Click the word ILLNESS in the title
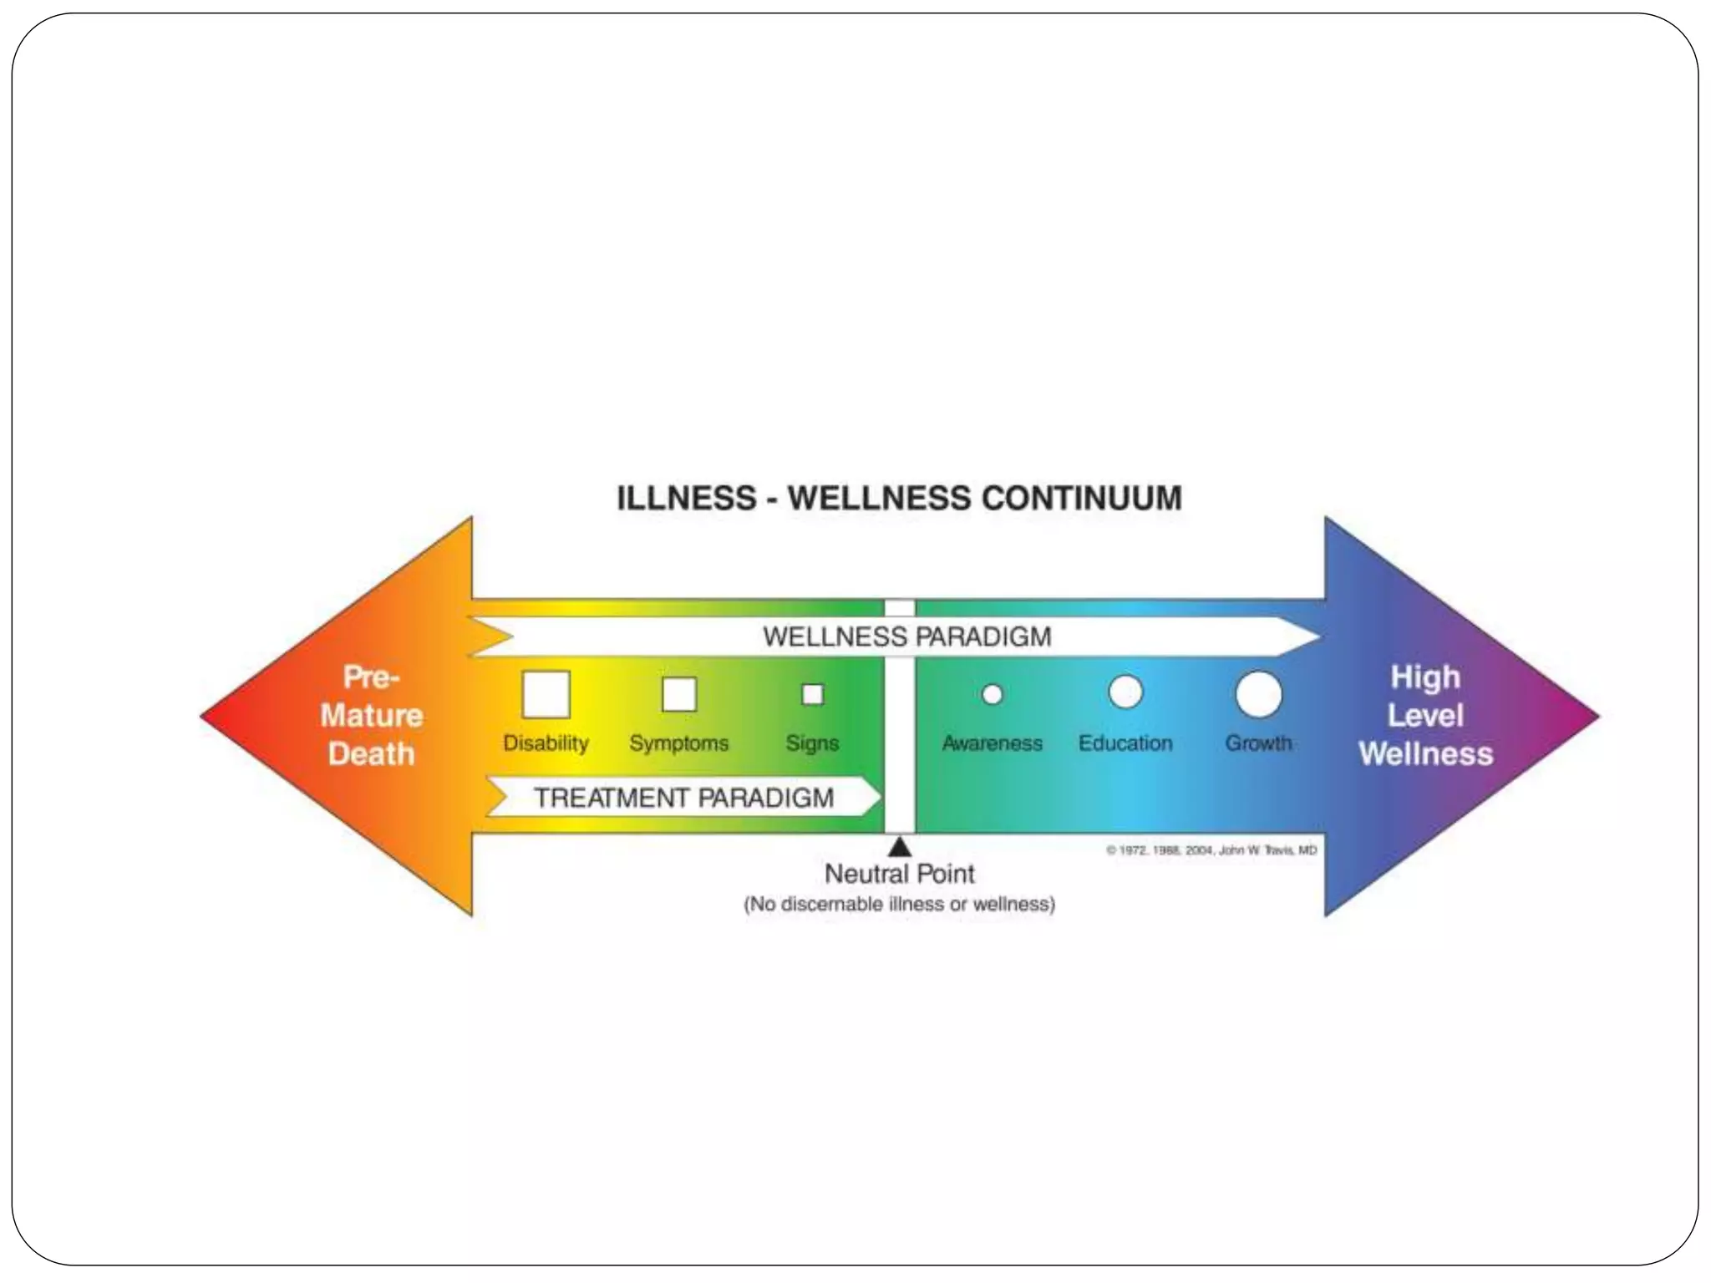point(686,499)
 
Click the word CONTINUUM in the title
point(1081,499)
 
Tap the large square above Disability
point(546,694)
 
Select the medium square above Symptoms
point(678,694)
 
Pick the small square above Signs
point(812,694)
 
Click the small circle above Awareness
point(992,694)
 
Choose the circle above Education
point(1125,692)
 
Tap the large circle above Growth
point(1258,694)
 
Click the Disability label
point(546,743)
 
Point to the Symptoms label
point(678,743)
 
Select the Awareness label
point(992,743)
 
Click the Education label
point(1125,743)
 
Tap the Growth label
point(1258,743)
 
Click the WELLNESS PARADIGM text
point(906,637)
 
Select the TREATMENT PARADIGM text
point(683,798)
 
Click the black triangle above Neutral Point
point(900,848)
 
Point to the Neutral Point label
point(900,875)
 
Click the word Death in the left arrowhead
point(371,754)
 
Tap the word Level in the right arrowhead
point(1425,716)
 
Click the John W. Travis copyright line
point(1211,850)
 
